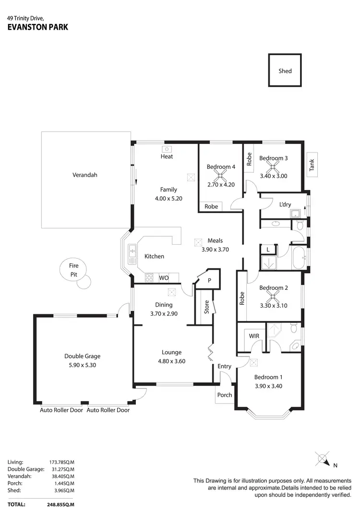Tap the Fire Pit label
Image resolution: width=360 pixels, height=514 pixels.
click(73, 270)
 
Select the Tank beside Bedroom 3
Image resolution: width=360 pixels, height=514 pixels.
click(312, 166)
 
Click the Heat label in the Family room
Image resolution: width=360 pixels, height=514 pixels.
click(167, 156)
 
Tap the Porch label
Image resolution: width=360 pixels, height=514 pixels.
click(225, 395)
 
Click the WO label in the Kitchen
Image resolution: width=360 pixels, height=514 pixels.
click(163, 278)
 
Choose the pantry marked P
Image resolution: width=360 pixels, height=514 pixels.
click(209, 280)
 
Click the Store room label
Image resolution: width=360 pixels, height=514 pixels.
click(207, 307)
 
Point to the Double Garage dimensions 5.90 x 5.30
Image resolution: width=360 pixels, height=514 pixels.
click(82, 365)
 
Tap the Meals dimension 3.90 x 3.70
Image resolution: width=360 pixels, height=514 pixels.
click(215, 249)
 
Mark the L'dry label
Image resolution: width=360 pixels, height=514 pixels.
click(285, 204)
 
